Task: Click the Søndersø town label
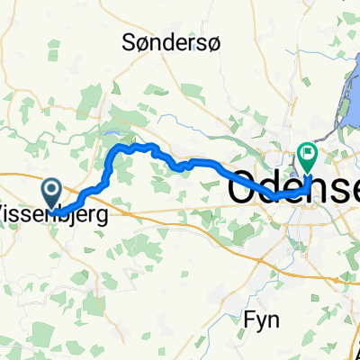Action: pyautogui.click(x=176, y=41)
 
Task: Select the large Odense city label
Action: pyautogui.click(x=292, y=188)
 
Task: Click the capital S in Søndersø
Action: pyautogui.click(x=127, y=41)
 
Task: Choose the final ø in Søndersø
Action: pyautogui.click(x=226, y=41)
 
